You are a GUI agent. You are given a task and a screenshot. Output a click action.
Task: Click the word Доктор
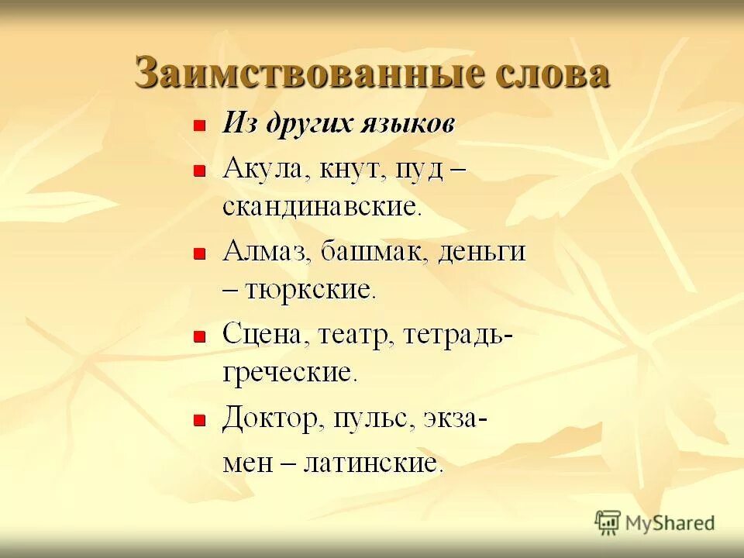271,420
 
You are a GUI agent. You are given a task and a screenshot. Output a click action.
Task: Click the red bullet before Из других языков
199,126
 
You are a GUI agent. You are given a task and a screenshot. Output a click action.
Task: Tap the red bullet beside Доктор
199,421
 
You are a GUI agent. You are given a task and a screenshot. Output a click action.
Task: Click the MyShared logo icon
608,522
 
